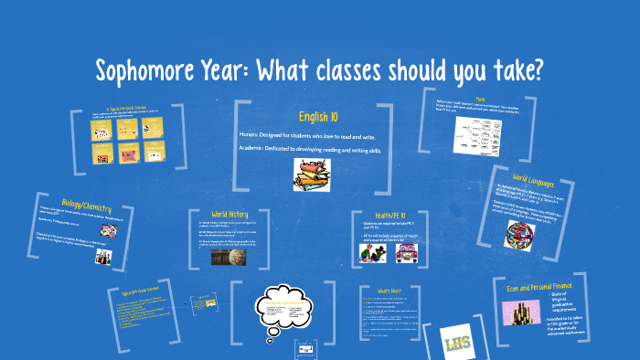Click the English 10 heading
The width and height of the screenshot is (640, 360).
[x=319, y=116]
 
